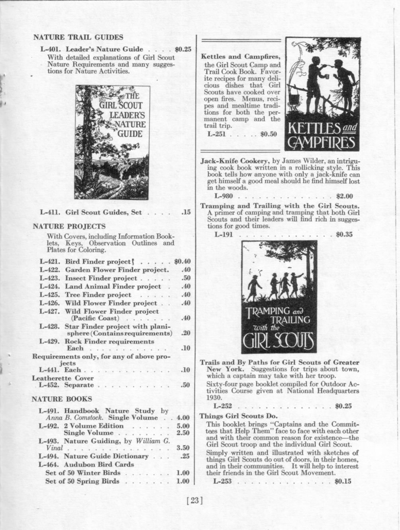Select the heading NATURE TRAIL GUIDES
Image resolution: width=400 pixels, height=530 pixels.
point(78,37)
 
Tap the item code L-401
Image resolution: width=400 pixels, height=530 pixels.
point(50,49)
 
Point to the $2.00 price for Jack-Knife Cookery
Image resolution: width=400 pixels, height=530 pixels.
point(345,196)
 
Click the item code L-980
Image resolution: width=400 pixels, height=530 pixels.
point(224,196)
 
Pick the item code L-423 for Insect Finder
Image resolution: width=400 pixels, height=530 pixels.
point(50,278)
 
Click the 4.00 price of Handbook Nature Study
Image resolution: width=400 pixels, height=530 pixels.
point(182,418)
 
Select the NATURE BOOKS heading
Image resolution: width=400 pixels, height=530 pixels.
point(62,399)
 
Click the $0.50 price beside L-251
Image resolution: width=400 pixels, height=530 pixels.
point(268,134)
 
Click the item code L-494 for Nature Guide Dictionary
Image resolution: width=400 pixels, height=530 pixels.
point(49,456)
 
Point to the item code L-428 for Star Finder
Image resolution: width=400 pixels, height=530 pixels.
point(50,326)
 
